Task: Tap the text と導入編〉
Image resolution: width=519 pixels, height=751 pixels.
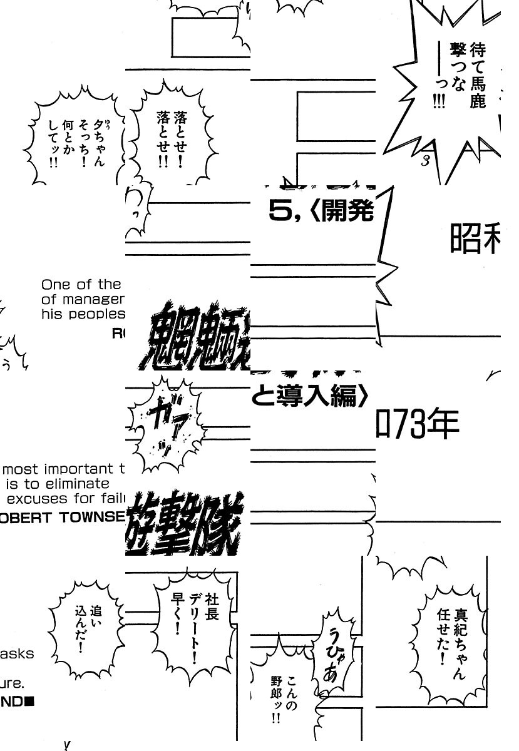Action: coord(311,396)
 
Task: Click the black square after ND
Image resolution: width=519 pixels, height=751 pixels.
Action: coord(29,702)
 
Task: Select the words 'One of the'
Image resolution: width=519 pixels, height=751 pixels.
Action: coord(81,285)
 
